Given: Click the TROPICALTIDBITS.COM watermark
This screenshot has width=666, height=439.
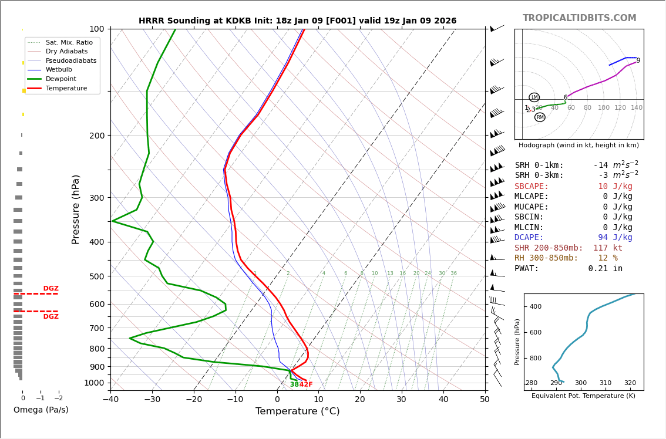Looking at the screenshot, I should tap(579, 18).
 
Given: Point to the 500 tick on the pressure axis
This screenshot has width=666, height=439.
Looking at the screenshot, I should tap(97, 276).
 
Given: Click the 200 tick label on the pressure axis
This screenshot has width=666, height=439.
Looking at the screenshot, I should tap(97, 136).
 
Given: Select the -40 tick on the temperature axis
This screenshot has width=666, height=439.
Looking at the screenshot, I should tap(110, 400).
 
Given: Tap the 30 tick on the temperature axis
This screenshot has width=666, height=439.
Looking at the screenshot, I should tap(402, 400).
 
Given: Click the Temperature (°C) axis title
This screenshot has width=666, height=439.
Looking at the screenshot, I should tap(297, 411).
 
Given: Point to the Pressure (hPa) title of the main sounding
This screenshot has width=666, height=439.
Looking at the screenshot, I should tap(76, 209).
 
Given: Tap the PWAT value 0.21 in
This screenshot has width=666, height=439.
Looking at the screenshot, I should tap(605, 269).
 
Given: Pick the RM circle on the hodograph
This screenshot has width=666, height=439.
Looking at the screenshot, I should tap(540, 117).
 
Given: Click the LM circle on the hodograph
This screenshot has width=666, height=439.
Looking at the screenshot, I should tap(534, 97).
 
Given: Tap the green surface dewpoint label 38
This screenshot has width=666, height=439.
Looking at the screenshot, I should tap(294, 385).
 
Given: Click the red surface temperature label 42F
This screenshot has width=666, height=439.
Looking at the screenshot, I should tap(306, 385).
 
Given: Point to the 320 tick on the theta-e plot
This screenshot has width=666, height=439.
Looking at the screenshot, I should tap(630, 383).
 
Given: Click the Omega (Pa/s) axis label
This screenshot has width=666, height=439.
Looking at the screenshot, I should tap(41, 410).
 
